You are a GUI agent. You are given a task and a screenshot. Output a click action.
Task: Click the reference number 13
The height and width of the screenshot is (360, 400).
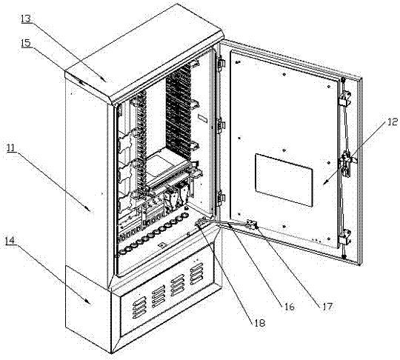pos(26,19)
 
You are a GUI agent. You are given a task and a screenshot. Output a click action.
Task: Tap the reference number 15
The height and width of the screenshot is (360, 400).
pos(26,43)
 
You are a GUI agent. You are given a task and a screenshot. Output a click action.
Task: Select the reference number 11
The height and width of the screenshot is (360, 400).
pos(10,147)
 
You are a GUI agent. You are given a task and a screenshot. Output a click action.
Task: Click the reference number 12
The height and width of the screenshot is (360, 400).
pos(393,122)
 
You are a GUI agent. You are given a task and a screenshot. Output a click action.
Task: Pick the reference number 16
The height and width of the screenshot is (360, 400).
pos(290,307)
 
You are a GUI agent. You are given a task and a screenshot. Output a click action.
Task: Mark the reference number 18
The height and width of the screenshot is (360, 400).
pos(260,323)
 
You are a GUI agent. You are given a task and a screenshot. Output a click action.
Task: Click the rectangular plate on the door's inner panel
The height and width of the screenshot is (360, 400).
pos(284,180)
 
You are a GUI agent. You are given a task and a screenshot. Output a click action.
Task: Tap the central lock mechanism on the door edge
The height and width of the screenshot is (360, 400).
pos(347,163)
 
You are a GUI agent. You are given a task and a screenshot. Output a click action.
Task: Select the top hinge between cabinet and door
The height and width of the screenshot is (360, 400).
pos(221,62)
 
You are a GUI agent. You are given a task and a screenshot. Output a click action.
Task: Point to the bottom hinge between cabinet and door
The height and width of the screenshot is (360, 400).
pos(220,199)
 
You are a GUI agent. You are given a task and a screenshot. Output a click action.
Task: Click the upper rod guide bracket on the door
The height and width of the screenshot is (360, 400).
pos(344,99)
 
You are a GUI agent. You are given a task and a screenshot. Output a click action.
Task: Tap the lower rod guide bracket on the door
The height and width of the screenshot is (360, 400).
pos(344,238)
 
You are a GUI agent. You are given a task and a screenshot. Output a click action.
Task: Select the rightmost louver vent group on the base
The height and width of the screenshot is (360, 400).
pos(197,273)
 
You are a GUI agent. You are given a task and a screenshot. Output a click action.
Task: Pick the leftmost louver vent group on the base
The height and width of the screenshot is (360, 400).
pos(139,307)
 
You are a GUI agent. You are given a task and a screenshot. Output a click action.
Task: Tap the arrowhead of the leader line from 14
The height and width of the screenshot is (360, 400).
pos(89,303)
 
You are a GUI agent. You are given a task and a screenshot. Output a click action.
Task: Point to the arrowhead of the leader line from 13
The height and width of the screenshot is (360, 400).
pos(104,80)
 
